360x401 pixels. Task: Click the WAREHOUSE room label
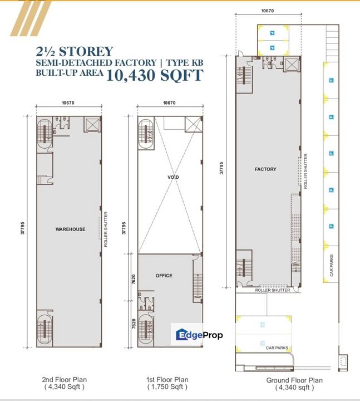coord(70,229)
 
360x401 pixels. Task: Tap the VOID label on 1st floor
coord(172,177)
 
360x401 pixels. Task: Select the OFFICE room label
coord(164,276)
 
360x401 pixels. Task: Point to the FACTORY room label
coord(265,169)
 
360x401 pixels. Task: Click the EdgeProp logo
coord(199,335)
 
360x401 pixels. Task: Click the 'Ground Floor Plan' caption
coord(294,380)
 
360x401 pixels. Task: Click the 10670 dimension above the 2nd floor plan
coord(68,102)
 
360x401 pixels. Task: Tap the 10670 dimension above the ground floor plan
coord(268,11)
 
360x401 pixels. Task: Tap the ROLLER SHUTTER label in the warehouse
coord(106,228)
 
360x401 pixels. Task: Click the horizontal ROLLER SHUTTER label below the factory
coord(270,290)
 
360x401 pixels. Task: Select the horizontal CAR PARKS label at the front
coord(277,348)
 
